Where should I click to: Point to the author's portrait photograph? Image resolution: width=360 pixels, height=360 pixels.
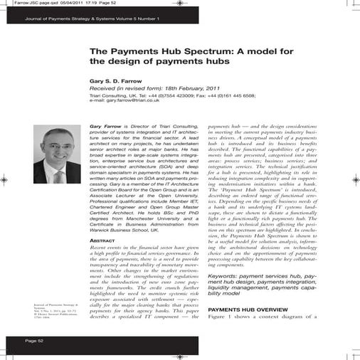coord(57,156)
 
